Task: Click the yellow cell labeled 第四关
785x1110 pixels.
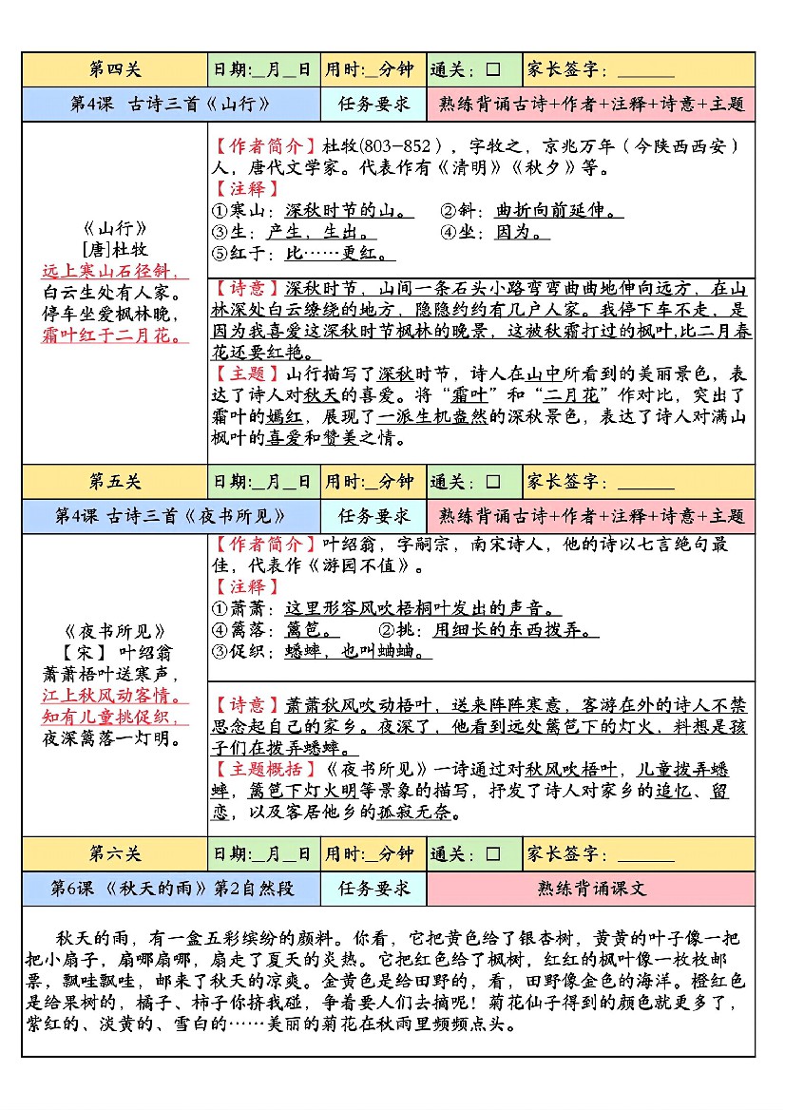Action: (114, 69)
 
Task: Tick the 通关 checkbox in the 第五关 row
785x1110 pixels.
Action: (493, 482)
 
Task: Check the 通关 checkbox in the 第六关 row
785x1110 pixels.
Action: (493, 854)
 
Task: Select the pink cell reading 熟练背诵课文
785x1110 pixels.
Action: (591, 889)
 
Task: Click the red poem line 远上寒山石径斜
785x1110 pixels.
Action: (114, 272)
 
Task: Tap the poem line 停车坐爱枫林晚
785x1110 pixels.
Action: (114, 314)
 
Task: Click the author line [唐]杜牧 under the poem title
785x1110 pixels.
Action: (115, 250)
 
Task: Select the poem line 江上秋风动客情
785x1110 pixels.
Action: (113, 696)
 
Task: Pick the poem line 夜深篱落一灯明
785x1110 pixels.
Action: (113, 737)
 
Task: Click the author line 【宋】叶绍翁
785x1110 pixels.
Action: (113, 653)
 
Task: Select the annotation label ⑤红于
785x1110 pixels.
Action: (239, 254)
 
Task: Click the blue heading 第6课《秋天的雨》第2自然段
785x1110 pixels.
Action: (171, 889)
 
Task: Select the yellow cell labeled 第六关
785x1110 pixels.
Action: (114, 854)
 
